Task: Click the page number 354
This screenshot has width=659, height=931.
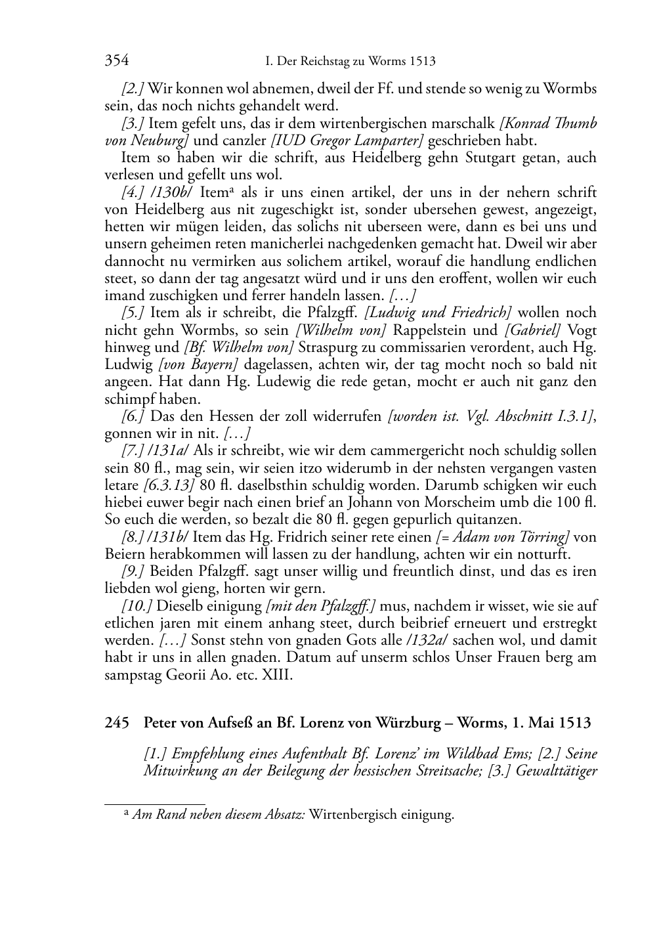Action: point(116,61)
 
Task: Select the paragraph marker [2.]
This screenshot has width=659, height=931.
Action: point(133,88)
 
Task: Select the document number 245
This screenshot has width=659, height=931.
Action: point(116,724)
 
